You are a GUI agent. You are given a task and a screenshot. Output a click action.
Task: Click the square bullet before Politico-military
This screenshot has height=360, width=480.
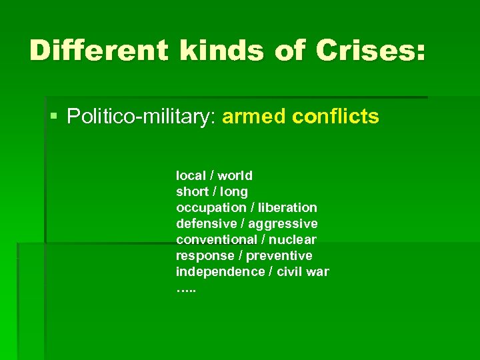54,117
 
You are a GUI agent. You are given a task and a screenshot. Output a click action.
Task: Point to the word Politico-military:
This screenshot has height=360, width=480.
143,117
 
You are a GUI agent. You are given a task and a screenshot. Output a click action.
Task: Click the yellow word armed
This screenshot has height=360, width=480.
255,117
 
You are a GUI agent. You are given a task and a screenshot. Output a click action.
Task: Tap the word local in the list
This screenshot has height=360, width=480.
191,175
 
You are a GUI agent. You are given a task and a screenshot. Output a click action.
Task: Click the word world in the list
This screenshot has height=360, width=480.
235,175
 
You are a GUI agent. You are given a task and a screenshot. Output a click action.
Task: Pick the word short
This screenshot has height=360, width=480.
191,191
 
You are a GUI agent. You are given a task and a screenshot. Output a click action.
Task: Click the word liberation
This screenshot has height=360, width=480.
287,207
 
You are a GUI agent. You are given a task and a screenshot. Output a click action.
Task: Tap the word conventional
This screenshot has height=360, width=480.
216,239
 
